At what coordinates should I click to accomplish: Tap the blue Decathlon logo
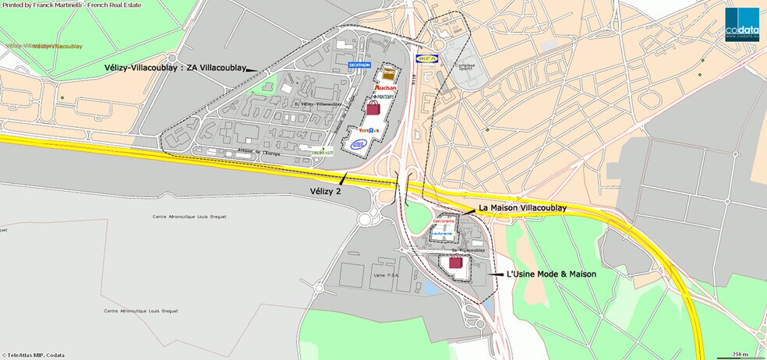[359, 65]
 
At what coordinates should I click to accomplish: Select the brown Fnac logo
[387, 76]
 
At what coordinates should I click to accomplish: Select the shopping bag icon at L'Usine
[455, 263]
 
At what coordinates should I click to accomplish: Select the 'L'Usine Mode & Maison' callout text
[551, 274]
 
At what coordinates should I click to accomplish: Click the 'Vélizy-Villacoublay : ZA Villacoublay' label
[174, 68]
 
